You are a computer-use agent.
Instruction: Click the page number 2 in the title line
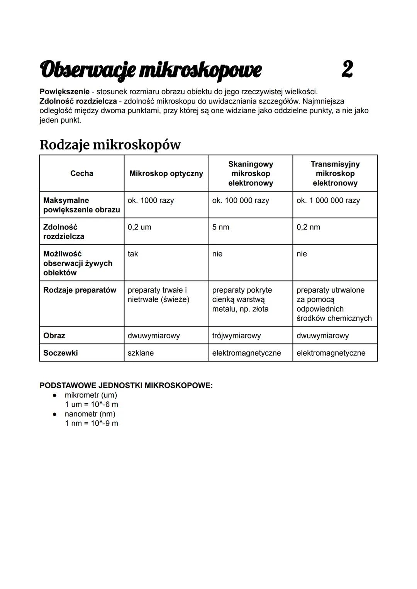point(347,70)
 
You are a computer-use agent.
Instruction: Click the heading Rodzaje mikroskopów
point(110,145)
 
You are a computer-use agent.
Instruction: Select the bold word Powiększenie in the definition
point(64,92)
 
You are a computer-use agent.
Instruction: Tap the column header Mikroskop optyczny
point(166,173)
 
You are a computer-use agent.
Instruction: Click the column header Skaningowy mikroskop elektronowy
point(251,173)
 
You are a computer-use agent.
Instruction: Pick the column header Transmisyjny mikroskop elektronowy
point(335,173)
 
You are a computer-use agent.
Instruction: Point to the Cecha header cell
point(81,173)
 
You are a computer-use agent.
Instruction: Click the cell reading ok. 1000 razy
point(151,200)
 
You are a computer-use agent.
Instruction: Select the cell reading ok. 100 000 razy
point(240,200)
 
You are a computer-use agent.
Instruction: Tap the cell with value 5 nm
point(220,227)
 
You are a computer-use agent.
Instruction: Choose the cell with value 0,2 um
point(139,227)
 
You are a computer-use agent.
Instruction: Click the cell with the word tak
point(132,254)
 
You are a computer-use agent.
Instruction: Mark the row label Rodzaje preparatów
point(80,290)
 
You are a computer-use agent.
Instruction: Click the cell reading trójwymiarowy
point(236,336)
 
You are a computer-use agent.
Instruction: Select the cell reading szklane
point(141,353)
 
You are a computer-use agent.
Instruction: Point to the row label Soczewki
point(60,353)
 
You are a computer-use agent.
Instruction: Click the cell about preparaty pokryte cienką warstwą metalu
point(242,299)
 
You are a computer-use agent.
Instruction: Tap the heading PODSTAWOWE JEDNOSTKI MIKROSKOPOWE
point(126,385)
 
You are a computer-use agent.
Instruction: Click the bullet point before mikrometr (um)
point(55,395)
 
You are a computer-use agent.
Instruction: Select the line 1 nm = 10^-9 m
point(92,423)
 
